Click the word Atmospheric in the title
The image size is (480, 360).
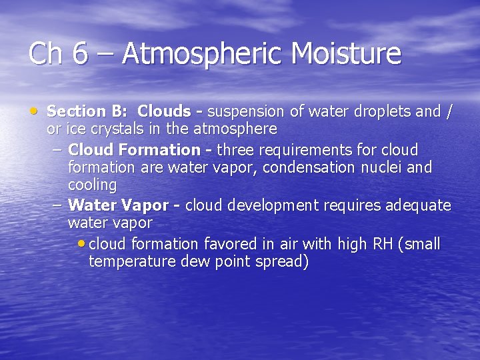[x=195, y=54]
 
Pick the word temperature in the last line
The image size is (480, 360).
[x=132, y=261]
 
